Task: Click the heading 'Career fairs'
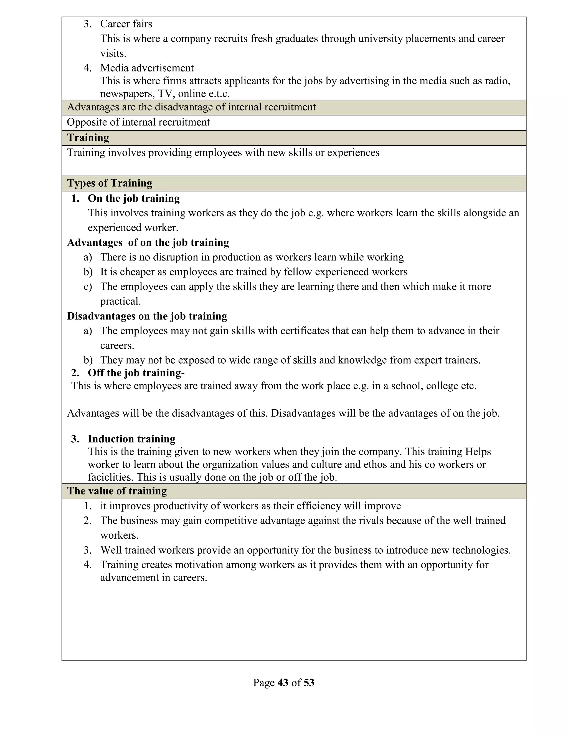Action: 126,24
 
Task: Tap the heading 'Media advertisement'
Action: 147,68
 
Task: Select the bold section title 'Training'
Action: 88,138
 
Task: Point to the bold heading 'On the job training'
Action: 134,199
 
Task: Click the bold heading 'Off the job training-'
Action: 136,373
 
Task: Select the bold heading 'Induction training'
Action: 131,439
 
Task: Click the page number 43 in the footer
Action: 283,683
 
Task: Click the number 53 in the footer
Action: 309,683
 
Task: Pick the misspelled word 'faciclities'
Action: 111,477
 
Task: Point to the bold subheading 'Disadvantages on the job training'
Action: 147,316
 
